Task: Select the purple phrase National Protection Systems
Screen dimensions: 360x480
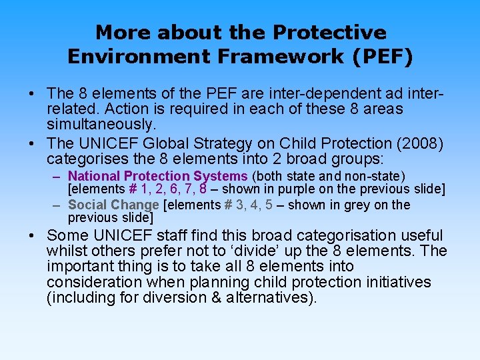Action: (x=158, y=176)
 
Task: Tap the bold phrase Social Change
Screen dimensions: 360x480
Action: (x=113, y=205)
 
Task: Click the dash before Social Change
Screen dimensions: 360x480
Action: (x=57, y=205)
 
